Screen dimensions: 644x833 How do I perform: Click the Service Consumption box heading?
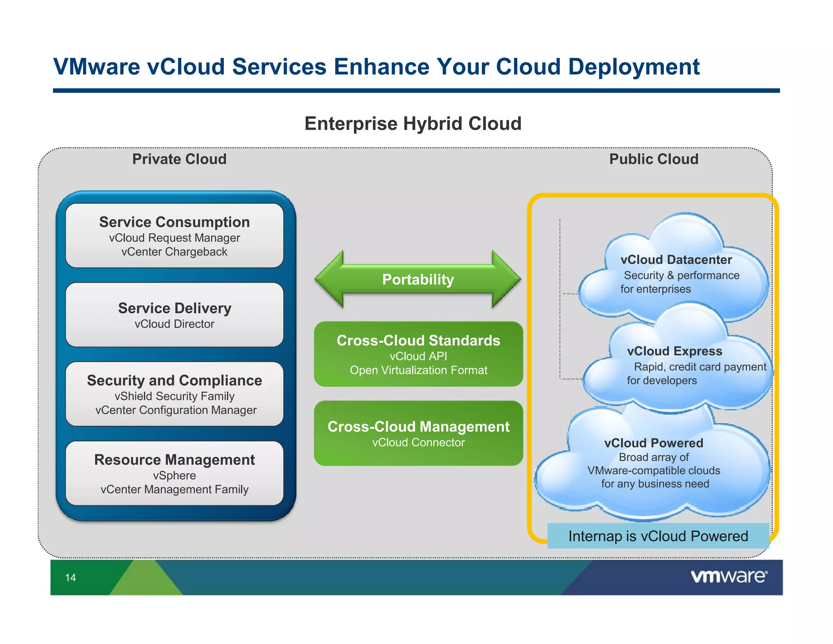click(174, 222)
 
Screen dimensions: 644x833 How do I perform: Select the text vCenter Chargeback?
click(174, 252)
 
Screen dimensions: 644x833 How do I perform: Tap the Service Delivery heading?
click(174, 308)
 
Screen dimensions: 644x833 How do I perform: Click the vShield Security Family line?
click(174, 396)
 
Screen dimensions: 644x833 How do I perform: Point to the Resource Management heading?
click(174, 460)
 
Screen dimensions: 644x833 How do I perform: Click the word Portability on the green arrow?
click(418, 280)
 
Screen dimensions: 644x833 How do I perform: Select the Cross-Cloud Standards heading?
click(418, 340)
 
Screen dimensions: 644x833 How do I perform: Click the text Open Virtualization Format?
click(418, 370)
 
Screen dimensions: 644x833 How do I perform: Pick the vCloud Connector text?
click(418, 442)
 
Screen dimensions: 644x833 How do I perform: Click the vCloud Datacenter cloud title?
click(676, 260)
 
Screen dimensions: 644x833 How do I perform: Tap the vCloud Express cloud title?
click(674, 351)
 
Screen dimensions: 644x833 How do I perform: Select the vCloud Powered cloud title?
click(654, 443)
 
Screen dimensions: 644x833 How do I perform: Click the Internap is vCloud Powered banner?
click(658, 536)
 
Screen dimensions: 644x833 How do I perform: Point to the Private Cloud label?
click(179, 159)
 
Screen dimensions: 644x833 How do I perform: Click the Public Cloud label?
click(654, 159)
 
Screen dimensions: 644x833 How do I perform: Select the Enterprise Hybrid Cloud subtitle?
click(413, 124)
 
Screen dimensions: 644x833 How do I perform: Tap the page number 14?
click(70, 578)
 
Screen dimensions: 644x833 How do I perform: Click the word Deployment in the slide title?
click(634, 67)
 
